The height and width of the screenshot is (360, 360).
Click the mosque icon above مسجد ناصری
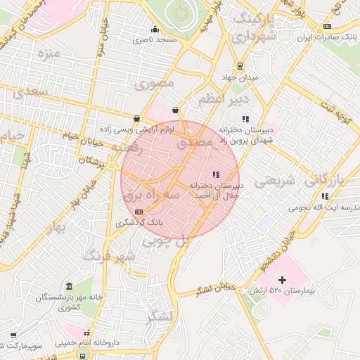point(155,29)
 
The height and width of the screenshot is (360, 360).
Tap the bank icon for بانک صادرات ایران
point(327,27)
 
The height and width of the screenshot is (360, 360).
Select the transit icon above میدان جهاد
point(240,67)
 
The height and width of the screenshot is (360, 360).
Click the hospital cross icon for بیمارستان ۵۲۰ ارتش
point(282,281)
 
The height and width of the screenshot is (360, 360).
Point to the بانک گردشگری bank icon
point(139,211)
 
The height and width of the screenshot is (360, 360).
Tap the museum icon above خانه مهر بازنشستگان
point(69,287)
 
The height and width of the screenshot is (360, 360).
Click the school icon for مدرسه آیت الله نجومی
point(324,197)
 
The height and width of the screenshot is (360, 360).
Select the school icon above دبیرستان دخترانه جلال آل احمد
point(216,174)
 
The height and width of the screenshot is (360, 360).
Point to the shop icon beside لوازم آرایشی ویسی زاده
point(136,118)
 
